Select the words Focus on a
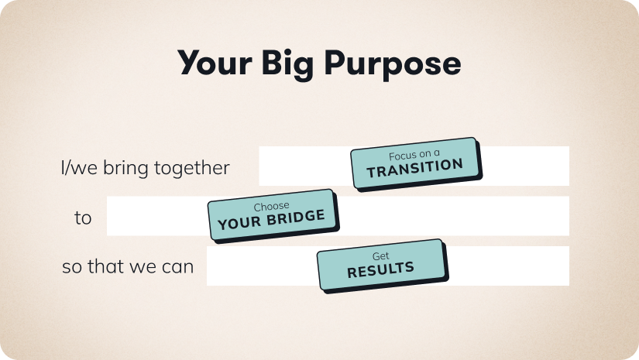[414, 154]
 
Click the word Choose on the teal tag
[271, 207]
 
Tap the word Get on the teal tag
[380, 256]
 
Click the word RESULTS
[380, 269]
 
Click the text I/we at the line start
[75, 168]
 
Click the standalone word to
[83, 218]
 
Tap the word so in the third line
[71, 268]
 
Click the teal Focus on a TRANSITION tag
[414, 162]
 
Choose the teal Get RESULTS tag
[380, 264]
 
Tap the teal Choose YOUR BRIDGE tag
[271, 214]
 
